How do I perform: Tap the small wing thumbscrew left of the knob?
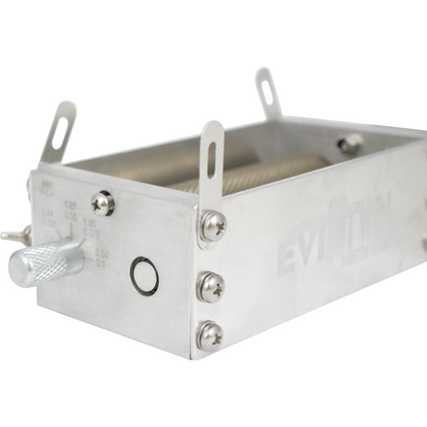pyautogui.click(x=15, y=235)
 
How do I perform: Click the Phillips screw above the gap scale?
pyautogui.click(x=102, y=204)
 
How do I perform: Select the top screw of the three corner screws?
pyautogui.click(x=212, y=227)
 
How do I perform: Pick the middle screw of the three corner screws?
pyautogui.click(x=211, y=287)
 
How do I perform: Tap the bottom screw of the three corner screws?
pyautogui.click(x=210, y=336)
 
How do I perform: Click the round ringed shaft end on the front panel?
pyautogui.click(x=144, y=277)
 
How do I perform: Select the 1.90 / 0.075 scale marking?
pyautogui.click(x=70, y=211)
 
